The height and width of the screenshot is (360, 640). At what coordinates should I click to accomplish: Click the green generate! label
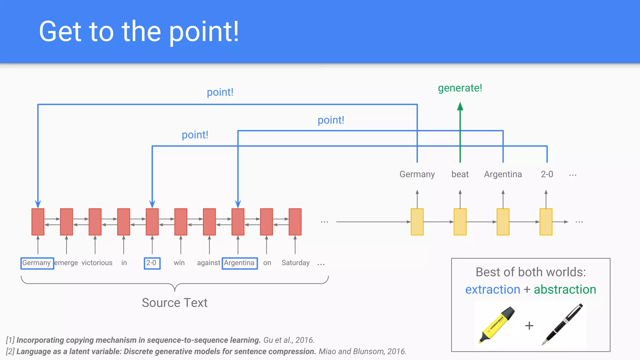click(x=460, y=88)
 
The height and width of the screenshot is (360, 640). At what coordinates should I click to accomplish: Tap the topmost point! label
click(x=220, y=92)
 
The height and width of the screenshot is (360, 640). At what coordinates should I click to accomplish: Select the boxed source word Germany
click(x=37, y=263)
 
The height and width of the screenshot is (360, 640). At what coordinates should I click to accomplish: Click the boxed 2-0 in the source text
click(x=152, y=263)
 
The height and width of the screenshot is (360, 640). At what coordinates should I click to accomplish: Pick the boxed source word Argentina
click(x=239, y=263)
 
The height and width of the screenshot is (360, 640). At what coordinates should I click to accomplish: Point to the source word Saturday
click(x=295, y=263)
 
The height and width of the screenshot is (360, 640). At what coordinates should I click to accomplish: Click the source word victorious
click(x=97, y=263)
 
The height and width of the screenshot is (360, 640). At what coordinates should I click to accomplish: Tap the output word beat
click(x=460, y=174)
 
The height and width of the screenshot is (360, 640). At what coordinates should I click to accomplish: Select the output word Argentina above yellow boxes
click(x=502, y=174)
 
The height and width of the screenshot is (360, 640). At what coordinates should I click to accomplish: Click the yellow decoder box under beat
click(x=460, y=222)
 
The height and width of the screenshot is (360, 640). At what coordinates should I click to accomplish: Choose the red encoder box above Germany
click(x=38, y=222)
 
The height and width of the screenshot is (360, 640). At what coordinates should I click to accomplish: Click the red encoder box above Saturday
click(x=295, y=222)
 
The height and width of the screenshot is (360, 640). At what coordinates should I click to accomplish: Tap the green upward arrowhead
click(x=460, y=107)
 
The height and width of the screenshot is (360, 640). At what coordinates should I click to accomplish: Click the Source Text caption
click(x=174, y=302)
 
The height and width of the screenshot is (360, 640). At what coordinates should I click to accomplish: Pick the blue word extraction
click(x=492, y=289)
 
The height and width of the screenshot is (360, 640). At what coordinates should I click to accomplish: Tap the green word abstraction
click(x=565, y=289)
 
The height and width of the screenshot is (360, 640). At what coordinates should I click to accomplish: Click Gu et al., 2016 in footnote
click(x=289, y=340)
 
